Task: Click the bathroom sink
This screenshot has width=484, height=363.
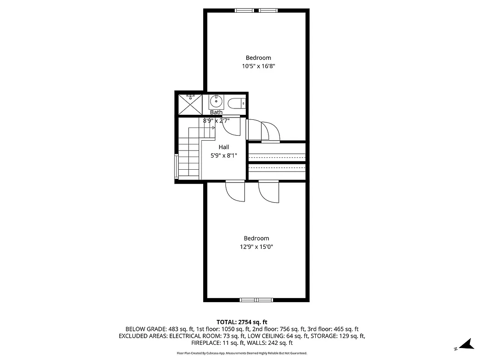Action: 216,101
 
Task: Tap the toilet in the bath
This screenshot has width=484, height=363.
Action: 236,103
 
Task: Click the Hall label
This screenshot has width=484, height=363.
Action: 224,147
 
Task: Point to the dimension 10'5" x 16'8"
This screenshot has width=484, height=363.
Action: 259,66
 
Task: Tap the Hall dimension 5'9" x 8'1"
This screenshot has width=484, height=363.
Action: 224,156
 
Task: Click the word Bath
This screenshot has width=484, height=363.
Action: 216,112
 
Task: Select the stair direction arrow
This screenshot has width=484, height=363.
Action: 212,128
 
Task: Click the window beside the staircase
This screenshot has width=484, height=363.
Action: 176,166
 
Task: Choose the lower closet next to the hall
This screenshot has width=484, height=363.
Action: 277,172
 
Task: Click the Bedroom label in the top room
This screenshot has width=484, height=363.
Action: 258,58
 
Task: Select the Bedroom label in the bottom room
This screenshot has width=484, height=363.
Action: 256,238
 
